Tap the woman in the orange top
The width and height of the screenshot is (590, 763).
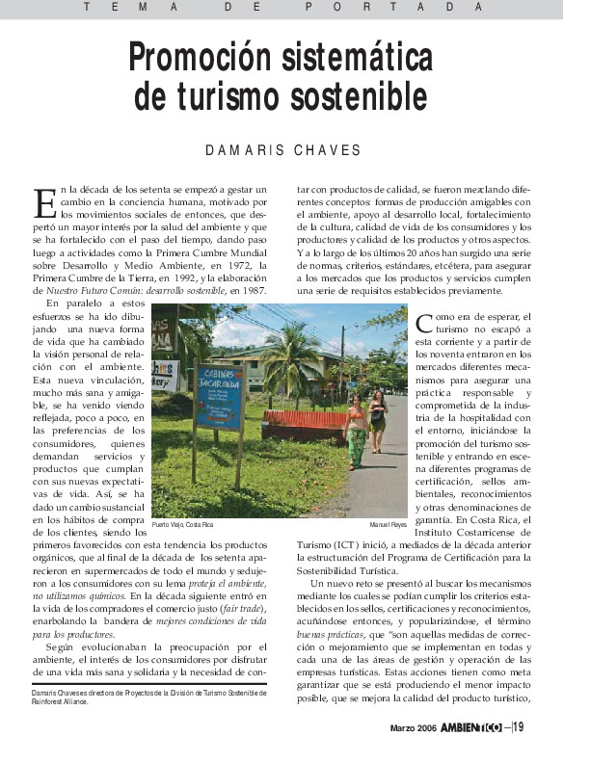point(357,428)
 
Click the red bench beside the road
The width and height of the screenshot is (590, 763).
point(306,422)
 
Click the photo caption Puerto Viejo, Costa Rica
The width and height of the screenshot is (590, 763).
point(183,524)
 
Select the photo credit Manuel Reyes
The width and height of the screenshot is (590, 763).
point(389,524)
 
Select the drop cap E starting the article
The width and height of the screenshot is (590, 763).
point(44,201)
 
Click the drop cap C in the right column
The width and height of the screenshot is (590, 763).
point(424,321)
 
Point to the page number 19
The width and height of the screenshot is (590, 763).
point(520,726)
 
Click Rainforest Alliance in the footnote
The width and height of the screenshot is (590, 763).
point(60,701)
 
